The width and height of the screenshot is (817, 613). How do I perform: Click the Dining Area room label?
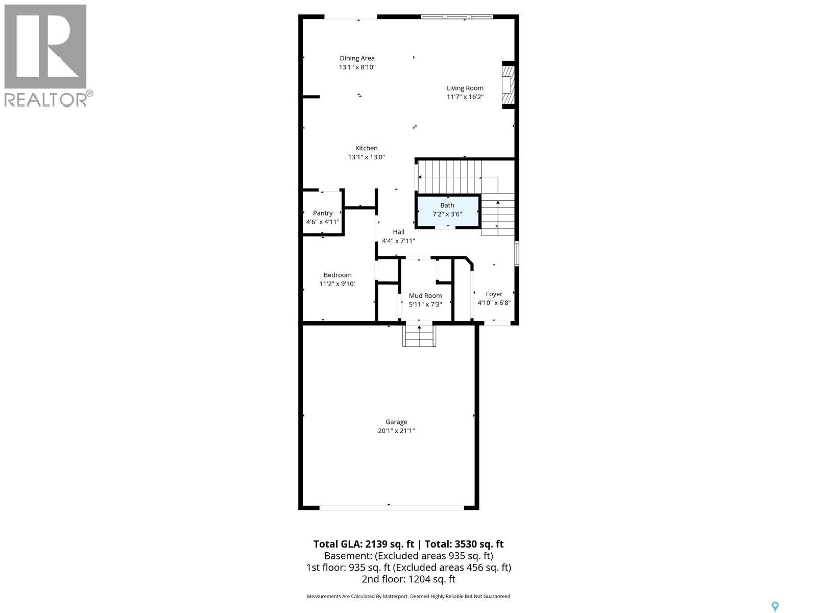click(357, 58)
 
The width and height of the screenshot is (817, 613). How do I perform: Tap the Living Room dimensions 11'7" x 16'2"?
click(465, 97)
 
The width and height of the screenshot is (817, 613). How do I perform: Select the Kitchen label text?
click(366, 148)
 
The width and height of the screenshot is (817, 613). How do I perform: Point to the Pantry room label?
click(323, 213)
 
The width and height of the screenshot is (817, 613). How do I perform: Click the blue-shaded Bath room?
click(448, 210)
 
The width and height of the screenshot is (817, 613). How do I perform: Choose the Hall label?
click(398, 232)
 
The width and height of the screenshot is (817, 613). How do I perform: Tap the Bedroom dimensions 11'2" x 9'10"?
click(337, 284)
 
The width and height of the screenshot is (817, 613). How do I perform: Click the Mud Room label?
click(425, 296)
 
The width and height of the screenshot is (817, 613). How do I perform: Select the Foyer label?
click(494, 294)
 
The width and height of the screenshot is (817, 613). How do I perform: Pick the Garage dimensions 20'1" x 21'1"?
click(396, 431)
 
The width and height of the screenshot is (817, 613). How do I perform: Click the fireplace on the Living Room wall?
click(508, 85)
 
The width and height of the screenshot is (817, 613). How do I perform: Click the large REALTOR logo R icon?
click(45, 46)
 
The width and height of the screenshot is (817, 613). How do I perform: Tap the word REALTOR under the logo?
click(46, 99)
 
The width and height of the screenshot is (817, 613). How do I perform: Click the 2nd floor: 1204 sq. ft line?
click(408, 579)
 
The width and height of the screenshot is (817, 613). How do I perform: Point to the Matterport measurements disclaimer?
click(408, 596)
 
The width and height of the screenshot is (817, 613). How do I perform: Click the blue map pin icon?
click(775, 606)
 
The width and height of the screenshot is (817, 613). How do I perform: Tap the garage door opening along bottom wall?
click(392, 507)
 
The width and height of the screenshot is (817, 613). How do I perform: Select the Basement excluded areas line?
click(408, 556)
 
